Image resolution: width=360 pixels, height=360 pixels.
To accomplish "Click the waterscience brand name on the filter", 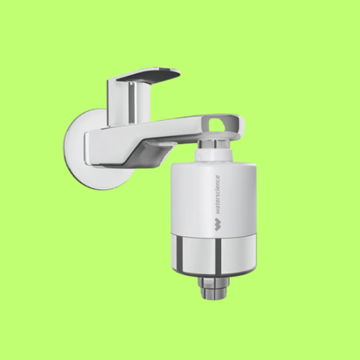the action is tap(217, 195).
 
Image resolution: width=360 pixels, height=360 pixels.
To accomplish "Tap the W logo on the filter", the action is tap(217, 225).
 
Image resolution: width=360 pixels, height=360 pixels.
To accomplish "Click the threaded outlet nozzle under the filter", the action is tap(213, 288).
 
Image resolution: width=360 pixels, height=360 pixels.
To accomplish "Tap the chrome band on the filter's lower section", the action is tap(213, 255).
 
